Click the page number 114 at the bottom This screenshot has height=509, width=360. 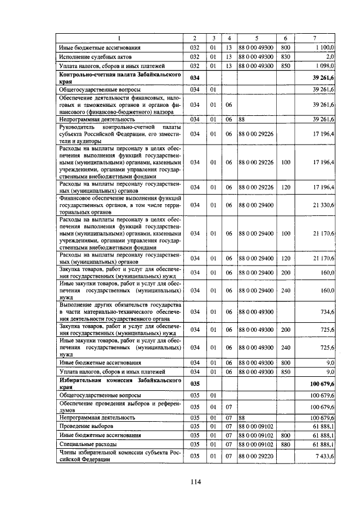pos(195,481)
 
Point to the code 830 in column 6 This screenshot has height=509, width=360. pos(285,57)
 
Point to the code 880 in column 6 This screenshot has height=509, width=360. pos(285,444)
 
